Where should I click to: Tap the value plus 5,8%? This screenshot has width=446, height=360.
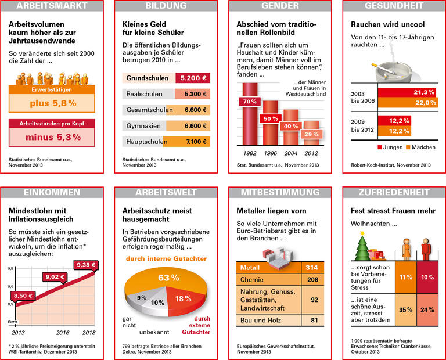(x=53, y=103)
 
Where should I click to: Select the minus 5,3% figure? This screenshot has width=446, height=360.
(x=53, y=137)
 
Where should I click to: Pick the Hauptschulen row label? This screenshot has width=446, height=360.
(x=144, y=142)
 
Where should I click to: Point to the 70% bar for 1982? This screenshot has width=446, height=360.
(x=250, y=102)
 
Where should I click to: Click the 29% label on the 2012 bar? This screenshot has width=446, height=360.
(x=312, y=134)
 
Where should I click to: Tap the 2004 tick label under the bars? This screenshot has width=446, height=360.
(x=292, y=154)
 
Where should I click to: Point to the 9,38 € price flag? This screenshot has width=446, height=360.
(x=86, y=265)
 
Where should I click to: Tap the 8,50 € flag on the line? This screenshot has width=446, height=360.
(x=23, y=296)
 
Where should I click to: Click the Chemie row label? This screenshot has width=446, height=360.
(x=253, y=279)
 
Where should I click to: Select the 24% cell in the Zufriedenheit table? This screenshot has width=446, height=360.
(x=427, y=309)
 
